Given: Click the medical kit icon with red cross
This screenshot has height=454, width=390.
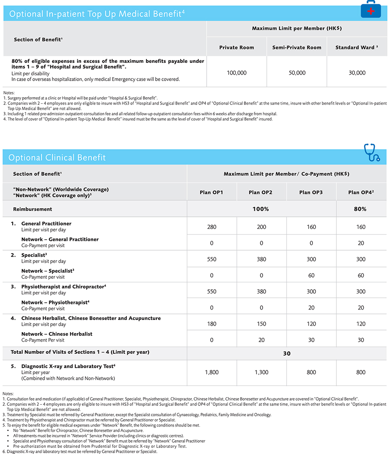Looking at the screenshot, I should click(371, 9).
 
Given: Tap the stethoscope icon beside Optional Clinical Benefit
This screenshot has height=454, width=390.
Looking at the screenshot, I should click(372, 153).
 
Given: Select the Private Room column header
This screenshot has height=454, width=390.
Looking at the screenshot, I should click(237, 47).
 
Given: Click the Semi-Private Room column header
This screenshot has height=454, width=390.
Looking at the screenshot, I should click(297, 47).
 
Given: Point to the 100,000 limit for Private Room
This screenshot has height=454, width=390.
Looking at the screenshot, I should click(237, 73).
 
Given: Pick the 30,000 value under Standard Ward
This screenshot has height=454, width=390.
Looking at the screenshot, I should click(357, 73).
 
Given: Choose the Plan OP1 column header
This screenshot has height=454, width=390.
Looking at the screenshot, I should click(211, 192).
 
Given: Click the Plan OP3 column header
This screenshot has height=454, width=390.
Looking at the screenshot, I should click(311, 192).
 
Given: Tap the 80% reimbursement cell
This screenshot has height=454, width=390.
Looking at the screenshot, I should click(360, 209).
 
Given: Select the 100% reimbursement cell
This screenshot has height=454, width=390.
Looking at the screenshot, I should click(261, 209).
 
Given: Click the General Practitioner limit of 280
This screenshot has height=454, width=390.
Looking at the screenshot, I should click(211, 227).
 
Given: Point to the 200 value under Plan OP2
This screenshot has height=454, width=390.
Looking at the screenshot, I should click(261, 227).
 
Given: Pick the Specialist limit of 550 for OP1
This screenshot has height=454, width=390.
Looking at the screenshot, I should click(211, 259).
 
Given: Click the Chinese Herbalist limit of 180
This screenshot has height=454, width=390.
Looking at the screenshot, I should click(211, 323).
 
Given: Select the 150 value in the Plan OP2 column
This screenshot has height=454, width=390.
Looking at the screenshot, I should click(261, 323).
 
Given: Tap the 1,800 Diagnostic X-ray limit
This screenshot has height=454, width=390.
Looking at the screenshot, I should click(211, 372).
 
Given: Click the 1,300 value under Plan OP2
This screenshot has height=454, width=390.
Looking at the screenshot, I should click(261, 372).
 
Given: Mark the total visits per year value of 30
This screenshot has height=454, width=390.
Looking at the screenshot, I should click(286, 353).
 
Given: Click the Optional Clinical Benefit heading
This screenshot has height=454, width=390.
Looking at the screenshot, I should click(57, 158).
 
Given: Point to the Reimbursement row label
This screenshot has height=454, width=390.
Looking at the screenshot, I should click(32, 209).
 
